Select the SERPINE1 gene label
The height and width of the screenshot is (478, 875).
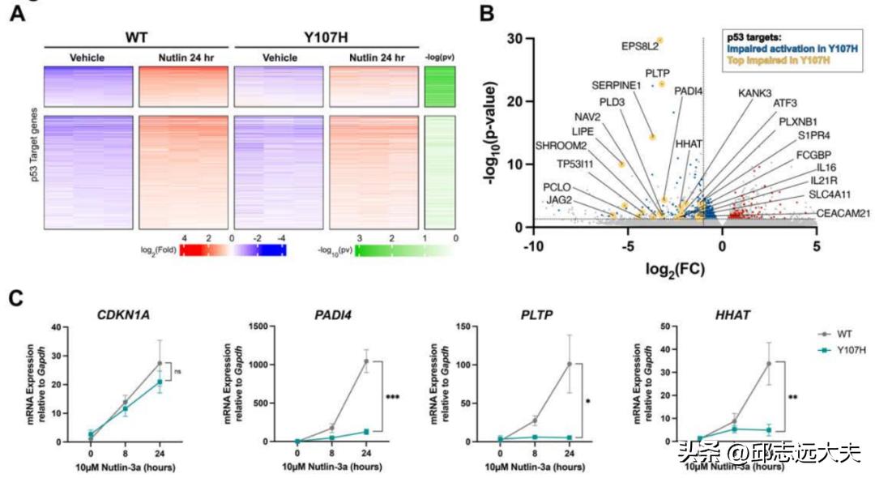pos(616,84)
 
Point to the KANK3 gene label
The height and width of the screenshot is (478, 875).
pos(754,92)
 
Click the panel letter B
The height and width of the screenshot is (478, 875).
pos(486,14)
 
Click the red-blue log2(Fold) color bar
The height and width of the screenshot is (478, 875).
pos(233,250)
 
